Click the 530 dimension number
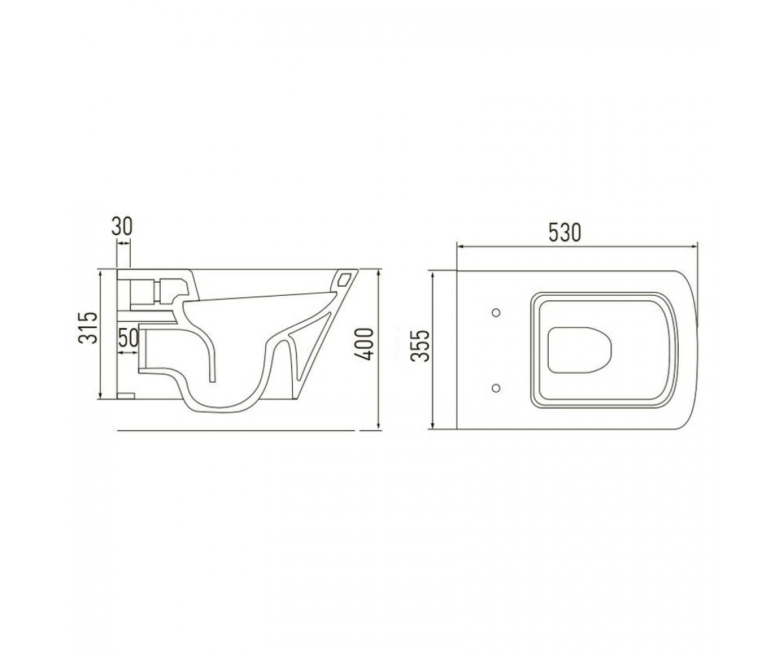tap(564, 232)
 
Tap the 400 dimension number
tap(365, 345)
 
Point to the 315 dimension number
tap(88, 328)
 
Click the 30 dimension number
tap(122, 227)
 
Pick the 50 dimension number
tap(129, 338)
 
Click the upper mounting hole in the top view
tap(496, 313)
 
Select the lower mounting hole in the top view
tap(496, 387)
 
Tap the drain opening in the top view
tap(580, 350)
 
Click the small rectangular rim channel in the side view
tap(344, 279)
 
